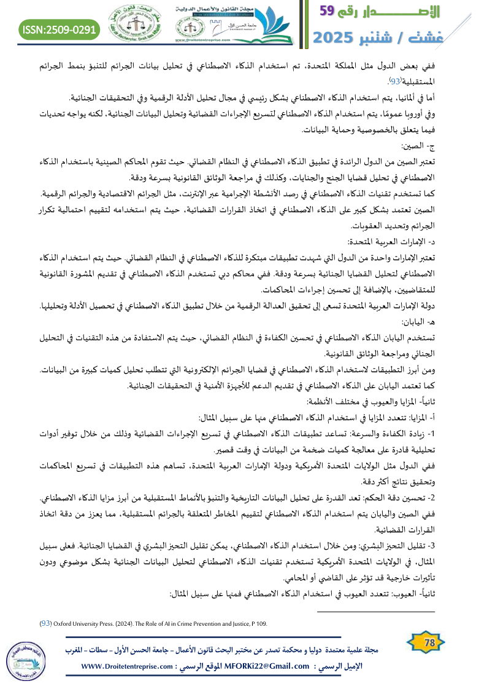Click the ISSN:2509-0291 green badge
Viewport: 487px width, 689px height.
[59, 28]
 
